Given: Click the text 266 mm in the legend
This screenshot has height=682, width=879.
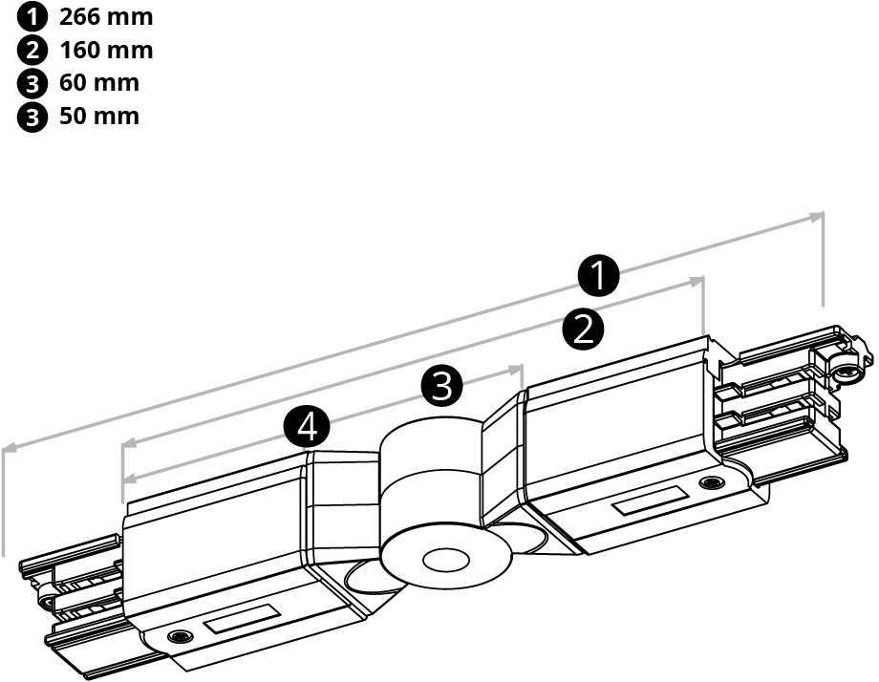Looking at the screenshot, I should tap(105, 17).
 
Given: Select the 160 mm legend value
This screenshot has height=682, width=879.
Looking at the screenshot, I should tap(105, 50).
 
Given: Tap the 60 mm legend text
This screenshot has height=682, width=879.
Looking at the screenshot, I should tap(99, 83).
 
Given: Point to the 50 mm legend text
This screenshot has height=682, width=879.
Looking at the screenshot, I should tap(99, 117).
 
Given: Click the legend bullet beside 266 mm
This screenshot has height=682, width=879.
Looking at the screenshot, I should tap(34, 17).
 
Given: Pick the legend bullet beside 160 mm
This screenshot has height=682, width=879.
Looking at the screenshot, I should tap(34, 50).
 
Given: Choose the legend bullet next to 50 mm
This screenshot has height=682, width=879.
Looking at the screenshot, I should tap(34, 117).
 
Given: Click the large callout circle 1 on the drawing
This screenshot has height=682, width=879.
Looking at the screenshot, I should tap(599, 277).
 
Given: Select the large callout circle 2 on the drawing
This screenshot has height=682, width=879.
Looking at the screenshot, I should tap(583, 330).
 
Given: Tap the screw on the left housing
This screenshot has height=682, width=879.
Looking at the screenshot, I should tap(177, 637).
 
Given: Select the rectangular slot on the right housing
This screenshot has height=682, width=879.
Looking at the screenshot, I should tap(650, 502).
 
